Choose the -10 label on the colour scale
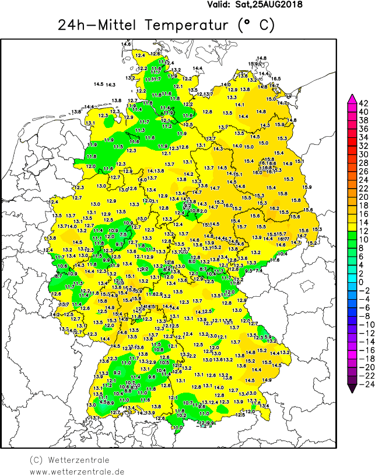(x=363, y=324)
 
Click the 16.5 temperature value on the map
(x=276, y=78)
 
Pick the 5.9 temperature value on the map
(x=268, y=337)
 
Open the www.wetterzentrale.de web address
(x=77, y=470)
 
